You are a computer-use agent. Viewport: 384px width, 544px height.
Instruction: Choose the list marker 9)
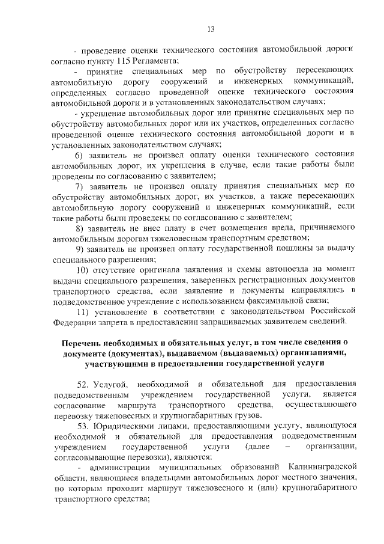(79, 249)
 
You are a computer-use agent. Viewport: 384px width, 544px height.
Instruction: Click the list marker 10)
(82, 270)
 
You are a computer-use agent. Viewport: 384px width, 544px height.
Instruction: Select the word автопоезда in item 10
(265, 270)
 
